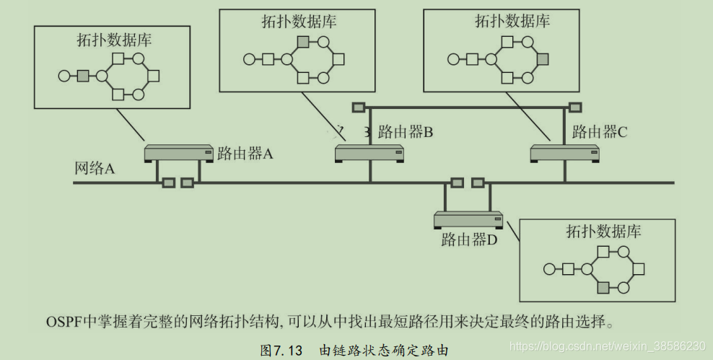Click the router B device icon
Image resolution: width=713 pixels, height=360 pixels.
point(369,153)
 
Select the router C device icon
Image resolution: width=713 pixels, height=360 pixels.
point(564,153)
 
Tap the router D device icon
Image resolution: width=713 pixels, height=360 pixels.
point(468,219)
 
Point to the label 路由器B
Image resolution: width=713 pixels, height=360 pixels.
point(406,132)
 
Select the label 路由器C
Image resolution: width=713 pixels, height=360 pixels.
point(600,132)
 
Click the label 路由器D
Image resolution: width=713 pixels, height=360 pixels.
point(469,240)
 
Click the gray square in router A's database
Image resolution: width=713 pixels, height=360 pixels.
point(83,75)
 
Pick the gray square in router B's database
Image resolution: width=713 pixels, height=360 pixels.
point(304,42)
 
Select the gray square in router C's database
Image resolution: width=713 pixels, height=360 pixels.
point(543,58)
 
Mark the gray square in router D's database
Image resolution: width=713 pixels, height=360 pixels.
point(603,288)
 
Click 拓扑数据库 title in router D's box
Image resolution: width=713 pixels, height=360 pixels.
point(603,232)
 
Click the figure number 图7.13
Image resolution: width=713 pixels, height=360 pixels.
point(284,350)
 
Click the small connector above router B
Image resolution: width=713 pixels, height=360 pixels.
point(359,108)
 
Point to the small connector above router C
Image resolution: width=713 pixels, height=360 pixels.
point(575,108)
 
